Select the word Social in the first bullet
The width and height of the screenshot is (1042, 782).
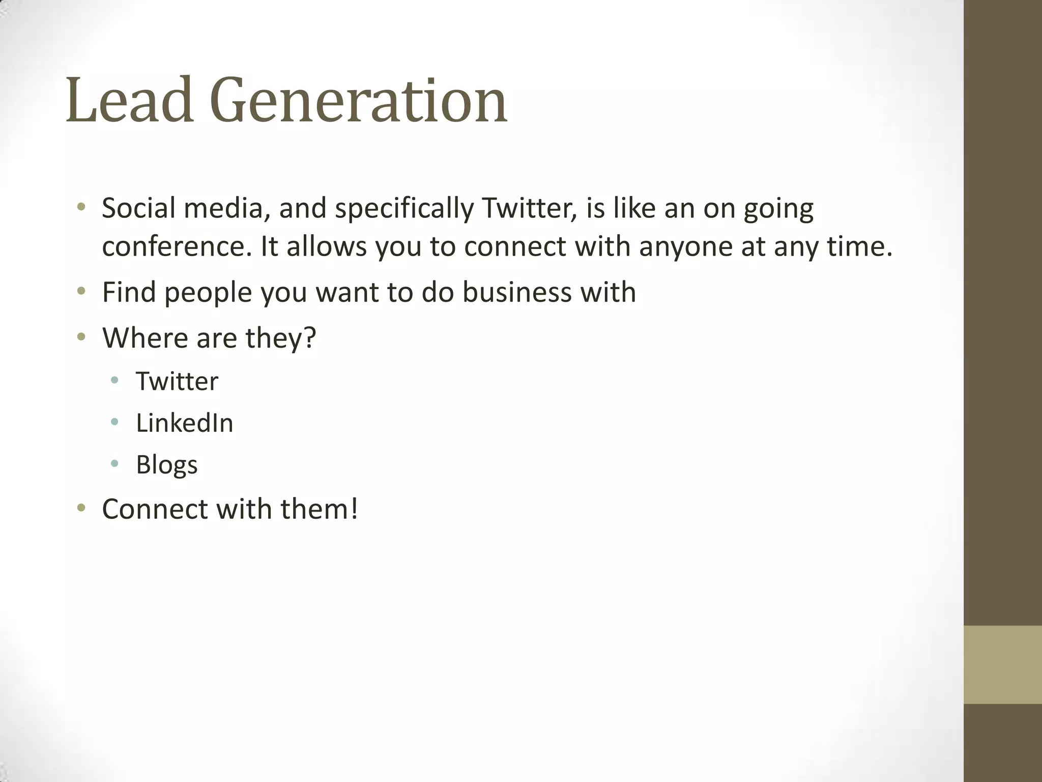point(138,208)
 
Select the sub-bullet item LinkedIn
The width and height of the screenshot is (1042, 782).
point(184,423)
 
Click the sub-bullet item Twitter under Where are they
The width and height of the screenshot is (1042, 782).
point(177,381)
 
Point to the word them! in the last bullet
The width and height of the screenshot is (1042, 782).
point(319,509)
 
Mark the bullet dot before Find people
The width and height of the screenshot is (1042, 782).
point(81,292)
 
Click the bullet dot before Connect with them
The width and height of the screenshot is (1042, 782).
point(81,508)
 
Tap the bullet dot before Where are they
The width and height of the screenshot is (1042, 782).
point(81,337)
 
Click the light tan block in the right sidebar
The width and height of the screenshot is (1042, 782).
point(1002,664)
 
